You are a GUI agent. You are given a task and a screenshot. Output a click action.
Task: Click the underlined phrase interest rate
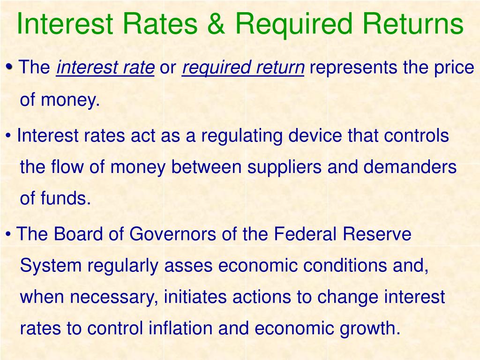[105, 68]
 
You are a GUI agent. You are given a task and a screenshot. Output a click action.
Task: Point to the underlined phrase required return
[243, 68]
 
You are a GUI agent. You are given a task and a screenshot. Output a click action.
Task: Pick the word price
[454, 68]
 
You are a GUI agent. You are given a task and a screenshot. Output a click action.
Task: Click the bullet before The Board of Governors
[9, 234]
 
